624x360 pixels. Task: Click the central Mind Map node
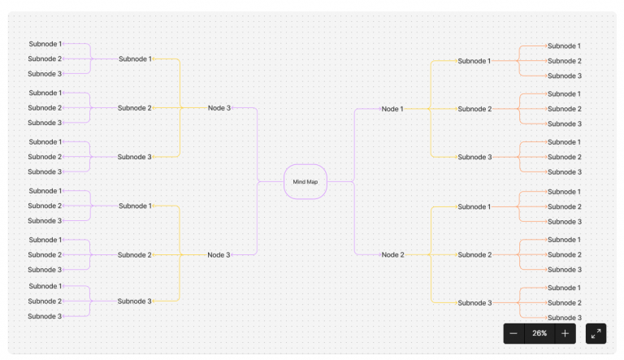click(x=305, y=181)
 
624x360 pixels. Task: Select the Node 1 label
click(x=392, y=109)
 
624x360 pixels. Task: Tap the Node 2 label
click(x=392, y=254)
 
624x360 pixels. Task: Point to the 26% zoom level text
click(x=539, y=333)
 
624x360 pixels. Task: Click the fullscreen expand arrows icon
click(x=596, y=333)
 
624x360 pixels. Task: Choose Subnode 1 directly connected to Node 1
click(x=474, y=61)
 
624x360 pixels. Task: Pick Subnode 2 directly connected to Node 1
click(x=474, y=109)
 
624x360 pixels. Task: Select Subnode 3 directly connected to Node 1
click(x=474, y=157)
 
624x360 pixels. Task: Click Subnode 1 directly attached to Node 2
click(x=474, y=206)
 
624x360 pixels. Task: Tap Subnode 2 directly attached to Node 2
click(x=474, y=254)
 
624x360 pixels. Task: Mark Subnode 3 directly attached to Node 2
click(x=474, y=302)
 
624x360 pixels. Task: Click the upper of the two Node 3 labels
click(x=219, y=108)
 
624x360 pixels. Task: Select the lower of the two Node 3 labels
click(x=219, y=254)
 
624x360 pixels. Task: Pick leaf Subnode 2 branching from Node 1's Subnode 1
click(x=564, y=61)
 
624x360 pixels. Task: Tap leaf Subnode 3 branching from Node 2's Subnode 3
click(x=564, y=318)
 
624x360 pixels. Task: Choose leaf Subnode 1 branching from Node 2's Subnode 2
click(x=564, y=240)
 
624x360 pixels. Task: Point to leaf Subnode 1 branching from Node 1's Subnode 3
click(x=564, y=142)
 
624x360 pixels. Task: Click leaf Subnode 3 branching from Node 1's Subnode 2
click(x=564, y=124)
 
